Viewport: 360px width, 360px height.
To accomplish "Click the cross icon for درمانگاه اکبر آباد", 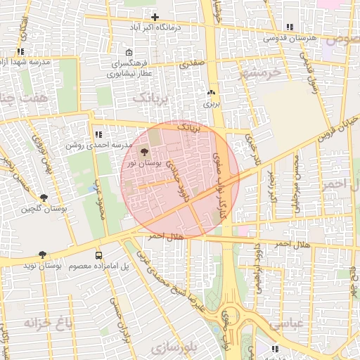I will point(155,17).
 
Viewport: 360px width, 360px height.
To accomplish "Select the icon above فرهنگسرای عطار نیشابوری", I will point(128,53).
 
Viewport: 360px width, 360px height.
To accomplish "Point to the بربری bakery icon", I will point(211,93).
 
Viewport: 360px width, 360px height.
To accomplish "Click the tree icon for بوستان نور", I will point(145,151).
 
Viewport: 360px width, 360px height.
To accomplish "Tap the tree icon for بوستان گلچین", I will point(44,198).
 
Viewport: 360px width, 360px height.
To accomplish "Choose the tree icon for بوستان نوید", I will point(44,255).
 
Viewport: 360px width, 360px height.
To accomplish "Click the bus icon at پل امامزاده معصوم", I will point(98,256).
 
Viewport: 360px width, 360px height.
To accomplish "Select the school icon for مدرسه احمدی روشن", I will point(98,134).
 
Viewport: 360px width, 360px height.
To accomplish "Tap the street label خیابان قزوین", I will point(336,129).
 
